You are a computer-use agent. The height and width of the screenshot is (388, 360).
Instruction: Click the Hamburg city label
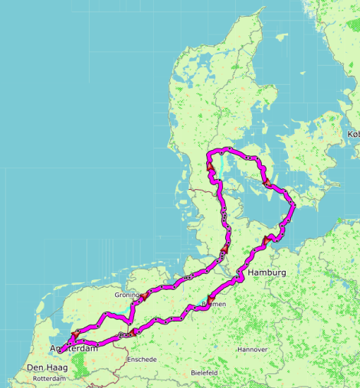point(267,273)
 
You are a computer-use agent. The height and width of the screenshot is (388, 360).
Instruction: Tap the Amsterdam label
point(75,349)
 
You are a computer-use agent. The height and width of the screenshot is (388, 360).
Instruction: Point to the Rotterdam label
point(51,379)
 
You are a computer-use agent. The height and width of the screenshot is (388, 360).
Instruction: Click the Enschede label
point(142,359)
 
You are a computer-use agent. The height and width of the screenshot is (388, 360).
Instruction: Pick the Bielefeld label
point(205,373)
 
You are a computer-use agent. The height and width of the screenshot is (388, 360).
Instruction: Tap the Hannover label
point(253,350)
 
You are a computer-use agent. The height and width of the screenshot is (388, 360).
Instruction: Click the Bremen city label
point(213,304)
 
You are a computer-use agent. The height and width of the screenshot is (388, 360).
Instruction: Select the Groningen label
point(127,295)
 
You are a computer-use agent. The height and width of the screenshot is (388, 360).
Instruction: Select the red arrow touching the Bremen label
point(210,296)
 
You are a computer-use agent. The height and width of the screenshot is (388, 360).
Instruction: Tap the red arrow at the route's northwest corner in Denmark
point(208,164)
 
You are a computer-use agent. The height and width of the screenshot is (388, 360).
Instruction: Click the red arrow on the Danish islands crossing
point(267,183)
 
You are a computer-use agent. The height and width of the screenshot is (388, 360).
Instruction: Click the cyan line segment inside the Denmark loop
point(221,164)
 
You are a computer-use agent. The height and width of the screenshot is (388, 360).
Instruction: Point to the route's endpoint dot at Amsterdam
point(61,351)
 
